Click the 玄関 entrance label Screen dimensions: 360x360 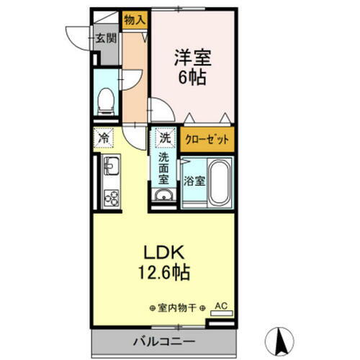pyautogui.click(x=106, y=37)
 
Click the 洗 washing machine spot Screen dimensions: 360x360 pyautogui.click(x=166, y=138)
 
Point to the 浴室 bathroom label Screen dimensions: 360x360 pyautogui.click(x=194, y=181)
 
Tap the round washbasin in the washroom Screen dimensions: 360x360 pyautogui.click(x=164, y=198)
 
